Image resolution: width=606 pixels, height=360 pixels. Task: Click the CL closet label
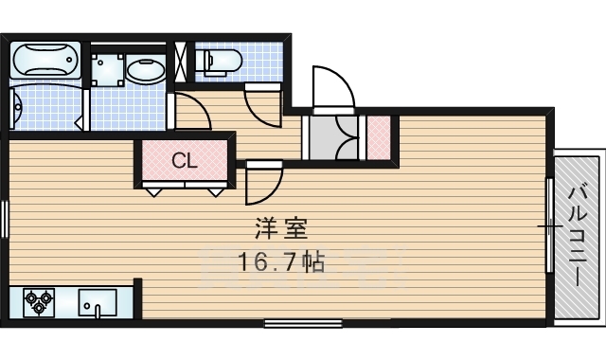[x=185, y=161]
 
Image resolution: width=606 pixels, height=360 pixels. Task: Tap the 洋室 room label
[x=281, y=229]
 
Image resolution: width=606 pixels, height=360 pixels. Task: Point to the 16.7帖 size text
[x=281, y=262]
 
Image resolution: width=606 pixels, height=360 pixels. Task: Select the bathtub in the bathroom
[x=45, y=60]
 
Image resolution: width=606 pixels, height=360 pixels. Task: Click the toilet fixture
[x=220, y=61]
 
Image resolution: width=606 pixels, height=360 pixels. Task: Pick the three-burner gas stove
[x=39, y=302]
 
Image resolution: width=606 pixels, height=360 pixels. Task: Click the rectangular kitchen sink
[x=98, y=303]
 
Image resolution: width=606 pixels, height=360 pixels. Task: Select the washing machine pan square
[x=107, y=70]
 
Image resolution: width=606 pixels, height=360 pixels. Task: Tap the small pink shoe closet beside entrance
[x=378, y=137]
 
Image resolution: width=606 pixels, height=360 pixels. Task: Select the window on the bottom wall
[x=303, y=323]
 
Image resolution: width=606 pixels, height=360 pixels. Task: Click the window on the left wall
[x=4, y=218]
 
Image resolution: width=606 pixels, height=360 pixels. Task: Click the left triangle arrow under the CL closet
[x=153, y=191]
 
